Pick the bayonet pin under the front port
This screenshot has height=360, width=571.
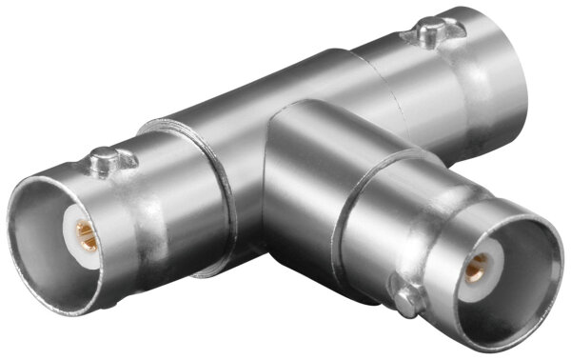tap(409, 302)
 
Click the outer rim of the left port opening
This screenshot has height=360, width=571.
tap(22, 238)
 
